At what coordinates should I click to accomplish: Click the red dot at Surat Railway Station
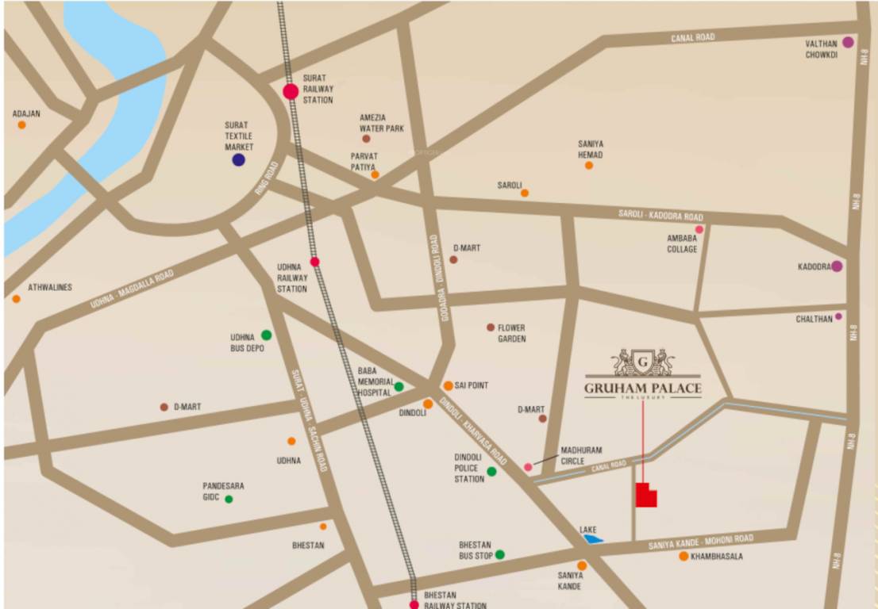[x=291, y=92]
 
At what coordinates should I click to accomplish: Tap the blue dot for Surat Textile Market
[x=238, y=159]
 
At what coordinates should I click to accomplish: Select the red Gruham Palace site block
[x=645, y=496]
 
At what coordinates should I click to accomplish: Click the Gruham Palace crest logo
[x=642, y=362]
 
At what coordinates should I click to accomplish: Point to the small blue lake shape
[x=592, y=539]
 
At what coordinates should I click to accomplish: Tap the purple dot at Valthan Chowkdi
[x=848, y=43]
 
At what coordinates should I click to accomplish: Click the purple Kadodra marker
[x=837, y=266]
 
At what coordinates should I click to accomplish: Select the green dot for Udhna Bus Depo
[x=266, y=335]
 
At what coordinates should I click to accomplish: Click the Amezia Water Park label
[x=381, y=122]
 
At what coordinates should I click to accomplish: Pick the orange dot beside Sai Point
[x=448, y=386]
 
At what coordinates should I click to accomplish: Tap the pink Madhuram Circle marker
[x=528, y=467]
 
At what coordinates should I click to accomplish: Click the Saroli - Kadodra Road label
[x=660, y=216]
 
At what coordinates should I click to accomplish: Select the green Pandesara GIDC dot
[x=229, y=499]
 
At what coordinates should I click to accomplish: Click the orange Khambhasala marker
[x=684, y=557]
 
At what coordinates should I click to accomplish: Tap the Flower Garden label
[x=511, y=333]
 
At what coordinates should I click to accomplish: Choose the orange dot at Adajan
[x=21, y=124]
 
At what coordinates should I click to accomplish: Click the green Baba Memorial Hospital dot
[x=399, y=387]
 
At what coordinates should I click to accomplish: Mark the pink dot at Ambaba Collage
[x=699, y=229]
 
